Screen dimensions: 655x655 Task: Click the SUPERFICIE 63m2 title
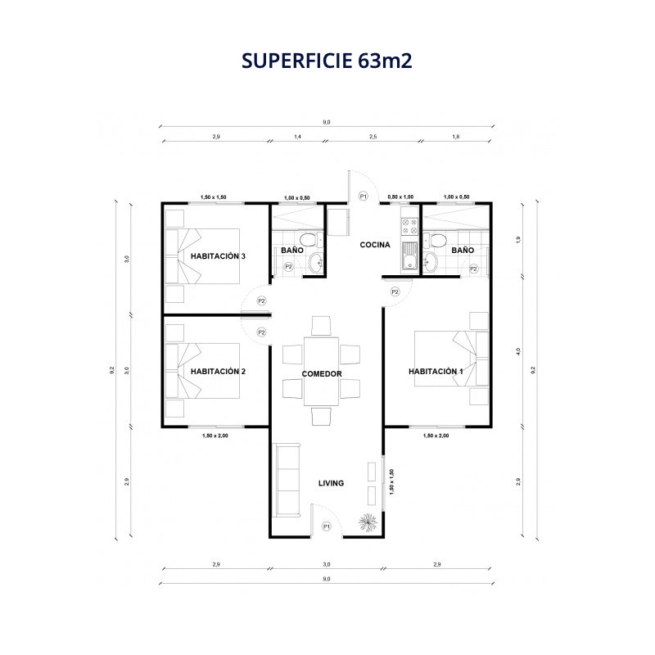[327, 61]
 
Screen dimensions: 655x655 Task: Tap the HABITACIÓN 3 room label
[218, 256]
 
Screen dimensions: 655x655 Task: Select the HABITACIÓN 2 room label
[218, 372]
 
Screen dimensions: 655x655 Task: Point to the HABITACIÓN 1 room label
[436, 372]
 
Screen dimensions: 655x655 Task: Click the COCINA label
[375, 245]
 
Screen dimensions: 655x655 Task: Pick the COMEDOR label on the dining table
[322, 374]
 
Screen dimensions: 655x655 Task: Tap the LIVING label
[332, 483]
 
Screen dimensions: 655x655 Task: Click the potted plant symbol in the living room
[368, 522]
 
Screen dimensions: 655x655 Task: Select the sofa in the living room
[287, 481]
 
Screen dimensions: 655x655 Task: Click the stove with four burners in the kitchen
[409, 227]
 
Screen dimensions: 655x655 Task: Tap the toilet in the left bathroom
[311, 240]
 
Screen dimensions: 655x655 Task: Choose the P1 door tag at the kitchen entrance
[363, 196]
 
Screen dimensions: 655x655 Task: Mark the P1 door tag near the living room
[327, 526]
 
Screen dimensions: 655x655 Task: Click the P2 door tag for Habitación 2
[261, 332]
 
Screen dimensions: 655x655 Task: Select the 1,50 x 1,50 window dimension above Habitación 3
[214, 197]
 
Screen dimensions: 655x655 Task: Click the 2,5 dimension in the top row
[373, 137]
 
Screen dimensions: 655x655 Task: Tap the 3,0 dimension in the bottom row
[326, 564]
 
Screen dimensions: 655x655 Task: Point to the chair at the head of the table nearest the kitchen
[321, 326]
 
